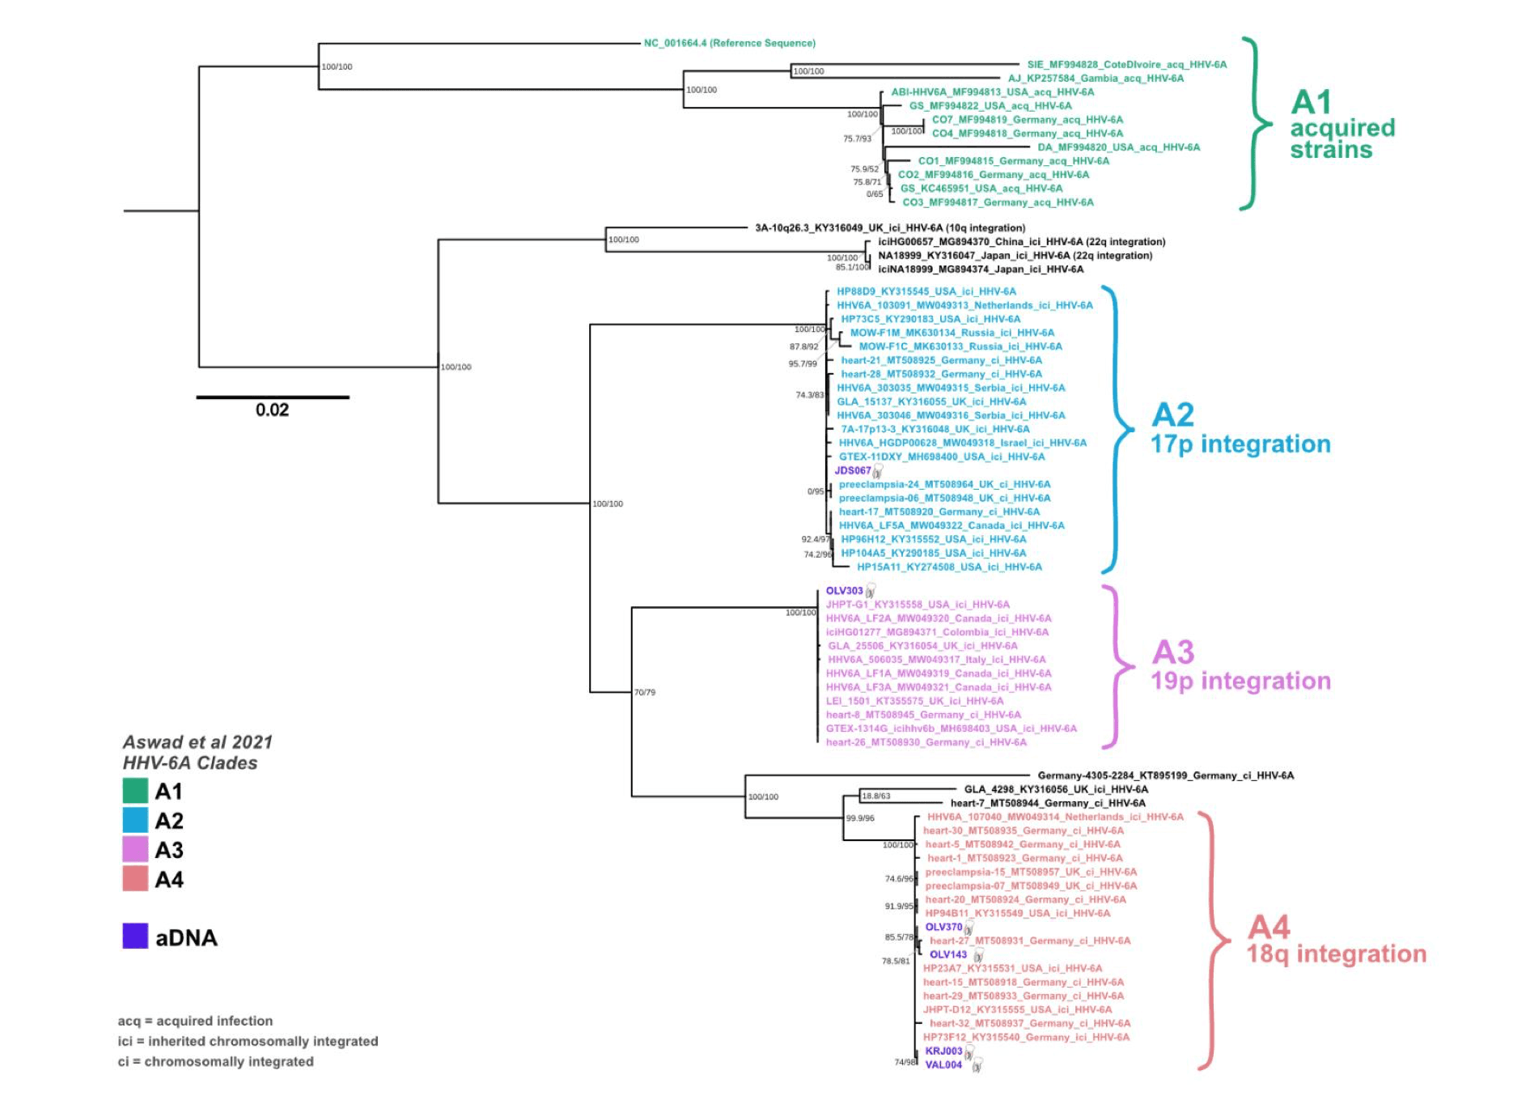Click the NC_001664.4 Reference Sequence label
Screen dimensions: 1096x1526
[729, 43]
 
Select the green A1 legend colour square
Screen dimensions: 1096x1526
[135, 791]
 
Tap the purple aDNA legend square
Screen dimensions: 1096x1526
[135, 937]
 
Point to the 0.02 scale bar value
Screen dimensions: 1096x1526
[272, 410]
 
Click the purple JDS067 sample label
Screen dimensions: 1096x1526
[853, 470]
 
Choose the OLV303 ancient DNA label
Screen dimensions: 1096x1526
[844, 591]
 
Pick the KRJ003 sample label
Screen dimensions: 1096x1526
[943, 1051]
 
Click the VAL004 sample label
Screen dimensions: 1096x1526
[943, 1064]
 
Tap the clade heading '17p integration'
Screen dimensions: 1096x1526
[1240, 444]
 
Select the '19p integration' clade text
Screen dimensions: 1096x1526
[1240, 681]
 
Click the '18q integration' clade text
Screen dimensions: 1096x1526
[1336, 954]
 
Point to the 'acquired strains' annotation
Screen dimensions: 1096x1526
[1342, 138]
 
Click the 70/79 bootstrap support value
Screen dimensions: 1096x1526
[645, 692]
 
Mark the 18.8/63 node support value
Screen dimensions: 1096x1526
[876, 796]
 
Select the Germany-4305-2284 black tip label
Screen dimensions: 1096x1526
[1165, 775]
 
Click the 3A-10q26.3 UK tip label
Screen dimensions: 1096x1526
[890, 228]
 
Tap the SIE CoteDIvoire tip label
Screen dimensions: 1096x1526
[1126, 65]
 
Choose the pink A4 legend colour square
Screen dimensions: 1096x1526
[135, 879]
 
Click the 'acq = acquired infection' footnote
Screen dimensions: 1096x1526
[195, 1021]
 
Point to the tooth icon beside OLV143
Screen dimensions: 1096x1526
[978, 956]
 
